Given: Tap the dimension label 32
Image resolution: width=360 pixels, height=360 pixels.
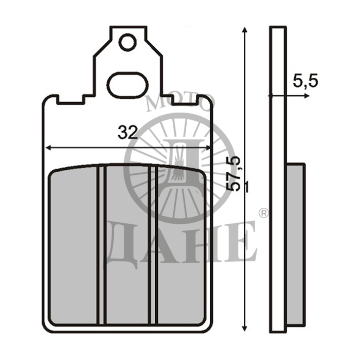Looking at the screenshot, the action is click(128, 133).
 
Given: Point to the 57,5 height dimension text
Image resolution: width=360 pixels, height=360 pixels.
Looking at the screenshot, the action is click(233, 174).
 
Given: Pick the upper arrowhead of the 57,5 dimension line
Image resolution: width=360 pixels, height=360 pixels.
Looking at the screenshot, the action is click(245, 30).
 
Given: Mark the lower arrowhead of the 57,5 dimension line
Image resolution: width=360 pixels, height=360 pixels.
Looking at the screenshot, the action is click(245, 328).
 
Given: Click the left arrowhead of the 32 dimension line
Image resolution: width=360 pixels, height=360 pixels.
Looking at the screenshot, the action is click(48, 148).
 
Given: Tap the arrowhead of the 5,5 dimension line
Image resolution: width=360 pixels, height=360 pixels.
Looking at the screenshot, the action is click(307, 96).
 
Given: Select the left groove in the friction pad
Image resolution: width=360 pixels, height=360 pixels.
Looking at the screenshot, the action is click(101, 245).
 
